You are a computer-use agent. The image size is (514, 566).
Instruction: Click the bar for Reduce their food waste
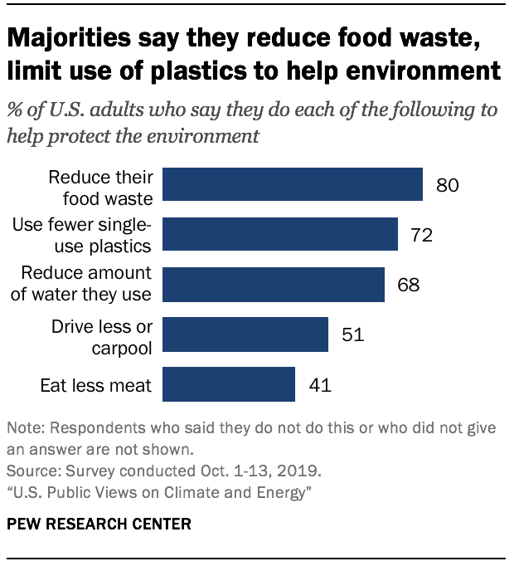point(292,184)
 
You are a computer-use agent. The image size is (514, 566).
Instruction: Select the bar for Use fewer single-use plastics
point(279,234)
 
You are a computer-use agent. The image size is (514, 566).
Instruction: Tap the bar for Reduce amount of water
point(273,284)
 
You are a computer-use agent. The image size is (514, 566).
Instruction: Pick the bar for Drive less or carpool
point(245,334)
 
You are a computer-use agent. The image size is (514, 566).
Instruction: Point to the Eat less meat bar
point(229,384)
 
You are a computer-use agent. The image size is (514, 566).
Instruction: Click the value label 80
point(448,184)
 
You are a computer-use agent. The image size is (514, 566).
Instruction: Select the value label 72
point(422,235)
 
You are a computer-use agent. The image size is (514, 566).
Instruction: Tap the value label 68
point(408,285)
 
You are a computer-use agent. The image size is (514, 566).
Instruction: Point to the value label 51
point(352,334)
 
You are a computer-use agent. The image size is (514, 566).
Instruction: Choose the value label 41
point(319,385)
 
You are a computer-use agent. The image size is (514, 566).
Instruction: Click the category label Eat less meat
point(96,385)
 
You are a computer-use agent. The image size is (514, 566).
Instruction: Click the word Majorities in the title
point(70,39)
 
